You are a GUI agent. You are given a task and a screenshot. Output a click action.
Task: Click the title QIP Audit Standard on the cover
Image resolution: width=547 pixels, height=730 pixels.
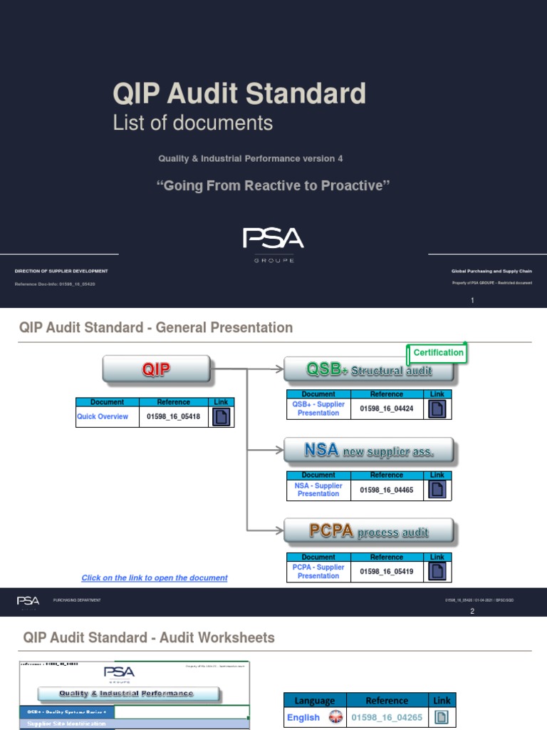239,94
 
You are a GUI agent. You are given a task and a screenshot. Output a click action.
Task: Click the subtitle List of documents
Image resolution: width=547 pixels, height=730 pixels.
192,123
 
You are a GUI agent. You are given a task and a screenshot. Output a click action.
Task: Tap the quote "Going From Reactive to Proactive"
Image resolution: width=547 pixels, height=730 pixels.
273,186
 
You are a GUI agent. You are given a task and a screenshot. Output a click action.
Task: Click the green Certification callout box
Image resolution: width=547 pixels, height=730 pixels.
438,353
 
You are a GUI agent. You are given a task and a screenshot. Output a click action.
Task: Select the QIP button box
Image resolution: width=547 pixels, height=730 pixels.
157,369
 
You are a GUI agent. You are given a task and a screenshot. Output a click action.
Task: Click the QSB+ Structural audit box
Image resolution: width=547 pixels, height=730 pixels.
368,370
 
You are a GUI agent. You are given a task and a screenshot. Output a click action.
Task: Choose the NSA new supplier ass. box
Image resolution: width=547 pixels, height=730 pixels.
368,451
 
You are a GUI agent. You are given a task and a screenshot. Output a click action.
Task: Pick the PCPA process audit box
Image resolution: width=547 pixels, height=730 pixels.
368,532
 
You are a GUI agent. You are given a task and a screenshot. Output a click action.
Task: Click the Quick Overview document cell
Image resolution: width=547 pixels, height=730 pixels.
103,417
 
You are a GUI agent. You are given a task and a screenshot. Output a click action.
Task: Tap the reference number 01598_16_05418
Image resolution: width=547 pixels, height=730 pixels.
173,417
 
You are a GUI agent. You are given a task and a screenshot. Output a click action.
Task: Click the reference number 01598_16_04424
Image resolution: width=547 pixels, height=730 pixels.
387,408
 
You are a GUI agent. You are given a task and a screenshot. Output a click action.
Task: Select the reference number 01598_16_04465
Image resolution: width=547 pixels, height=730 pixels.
387,490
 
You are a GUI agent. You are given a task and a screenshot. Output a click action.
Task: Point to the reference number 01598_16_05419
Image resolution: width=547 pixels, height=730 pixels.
387,572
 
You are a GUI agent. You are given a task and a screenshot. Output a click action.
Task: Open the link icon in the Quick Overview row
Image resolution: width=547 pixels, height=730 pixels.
221,417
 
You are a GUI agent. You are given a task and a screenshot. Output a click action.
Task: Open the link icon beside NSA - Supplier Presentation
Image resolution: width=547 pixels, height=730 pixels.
437,490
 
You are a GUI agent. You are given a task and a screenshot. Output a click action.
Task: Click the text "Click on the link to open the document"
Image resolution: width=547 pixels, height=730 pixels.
155,578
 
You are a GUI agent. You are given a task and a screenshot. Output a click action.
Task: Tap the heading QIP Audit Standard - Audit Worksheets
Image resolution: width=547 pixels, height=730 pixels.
149,637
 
